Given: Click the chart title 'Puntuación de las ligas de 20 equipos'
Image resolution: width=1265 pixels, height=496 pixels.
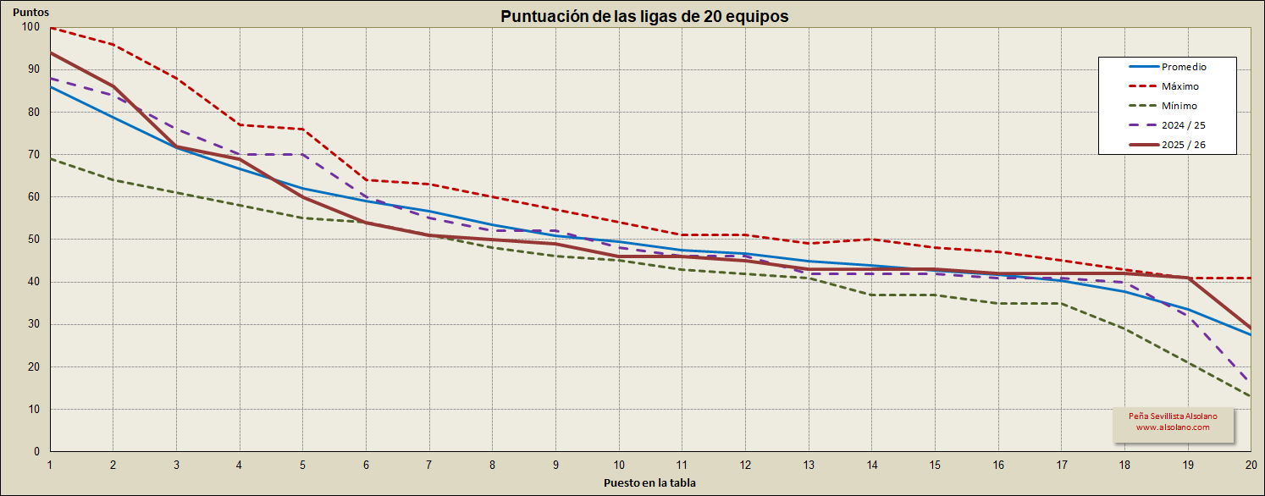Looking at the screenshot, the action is pos(644,16).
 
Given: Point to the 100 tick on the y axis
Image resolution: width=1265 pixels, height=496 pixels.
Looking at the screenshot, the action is pos(30,27).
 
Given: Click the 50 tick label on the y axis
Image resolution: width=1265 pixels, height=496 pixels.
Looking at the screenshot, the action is pos(34,240).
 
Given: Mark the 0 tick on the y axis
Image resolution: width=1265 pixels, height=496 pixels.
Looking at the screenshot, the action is pos(36,451).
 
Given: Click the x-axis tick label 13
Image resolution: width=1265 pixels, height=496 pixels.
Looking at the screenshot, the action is pos(809,465).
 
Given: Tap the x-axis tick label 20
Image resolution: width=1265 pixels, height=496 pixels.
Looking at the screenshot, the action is pos(1251,465).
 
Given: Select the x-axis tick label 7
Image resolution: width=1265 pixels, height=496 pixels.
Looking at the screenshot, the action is pos(429,465).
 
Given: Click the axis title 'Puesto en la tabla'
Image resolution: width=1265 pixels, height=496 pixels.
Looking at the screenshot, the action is pos(649,483).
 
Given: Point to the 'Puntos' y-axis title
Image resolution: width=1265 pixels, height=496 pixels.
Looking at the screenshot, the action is pos(31,13).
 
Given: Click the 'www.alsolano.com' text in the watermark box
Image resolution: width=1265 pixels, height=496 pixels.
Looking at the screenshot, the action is pos(1173,427).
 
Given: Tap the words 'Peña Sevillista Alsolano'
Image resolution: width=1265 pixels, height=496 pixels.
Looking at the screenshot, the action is pos(1173,416).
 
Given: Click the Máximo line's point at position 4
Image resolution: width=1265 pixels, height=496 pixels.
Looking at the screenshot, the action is pos(240,124).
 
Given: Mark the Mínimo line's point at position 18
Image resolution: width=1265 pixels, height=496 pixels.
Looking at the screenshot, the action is pos(1125,328).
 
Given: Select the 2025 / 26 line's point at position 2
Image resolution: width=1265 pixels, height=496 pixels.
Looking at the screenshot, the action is pos(113,86).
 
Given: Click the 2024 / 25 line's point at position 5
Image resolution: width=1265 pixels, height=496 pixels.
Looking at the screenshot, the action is pos(302,155).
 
